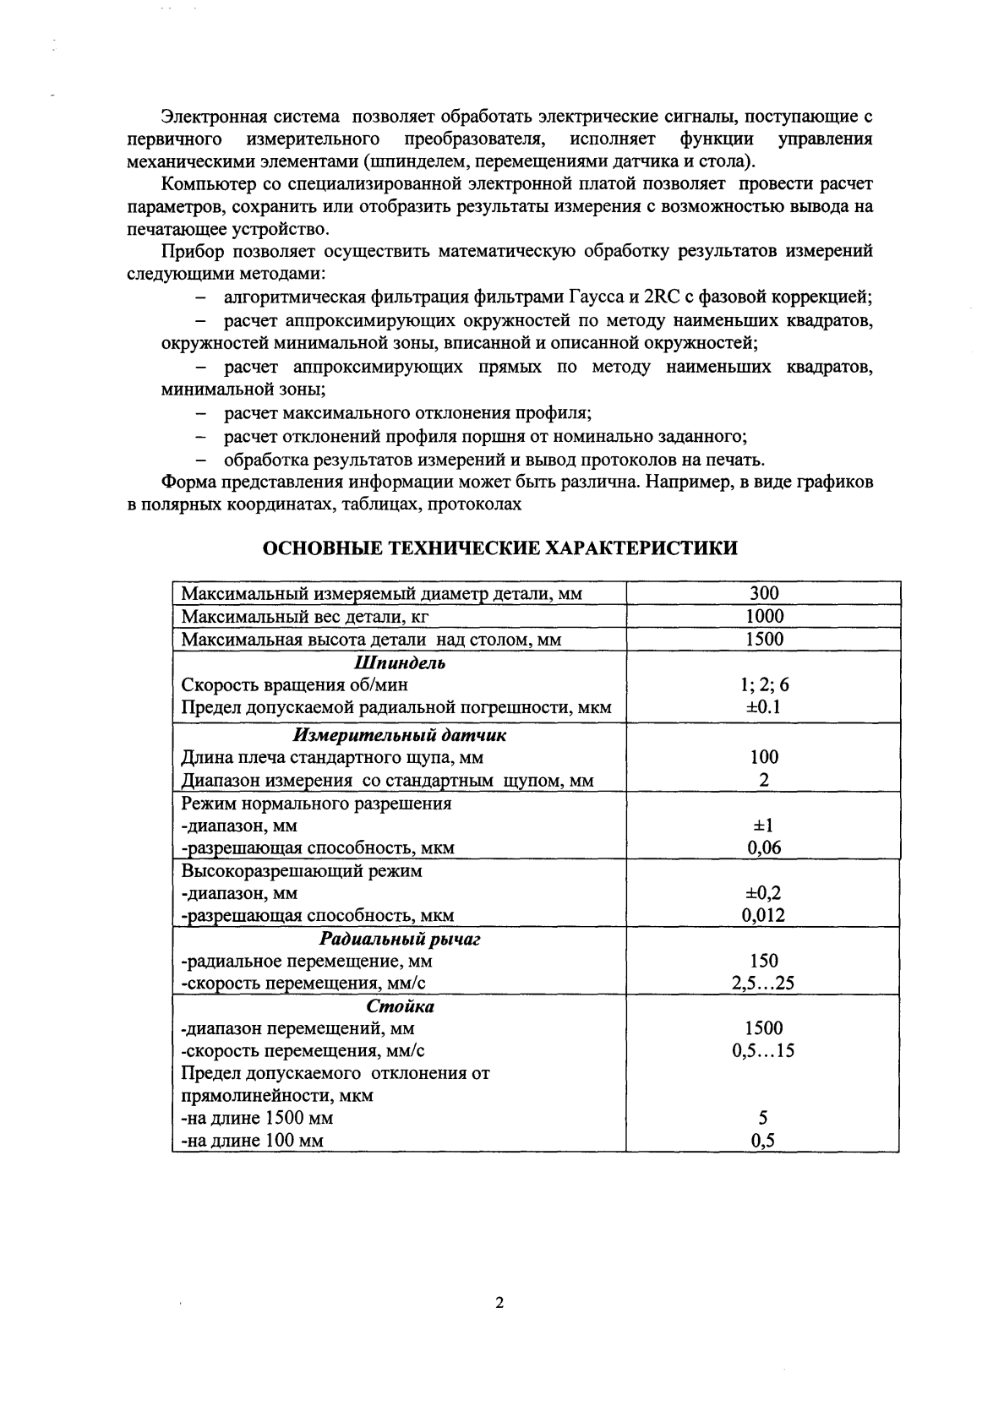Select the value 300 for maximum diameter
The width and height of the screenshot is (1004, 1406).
click(763, 594)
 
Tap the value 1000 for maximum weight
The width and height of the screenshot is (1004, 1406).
click(763, 617)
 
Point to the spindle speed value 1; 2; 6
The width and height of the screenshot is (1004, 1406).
click(763, 685)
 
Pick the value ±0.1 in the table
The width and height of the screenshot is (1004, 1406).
click(763, 707)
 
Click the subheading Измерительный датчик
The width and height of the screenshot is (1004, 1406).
click(399, 735)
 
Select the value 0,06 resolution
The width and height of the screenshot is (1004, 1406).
click(763, 847)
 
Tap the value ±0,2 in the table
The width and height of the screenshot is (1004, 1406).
click(763, 893)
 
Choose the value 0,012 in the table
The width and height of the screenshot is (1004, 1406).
click(763, 915)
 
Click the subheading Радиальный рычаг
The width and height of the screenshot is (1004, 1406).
click(399, 939)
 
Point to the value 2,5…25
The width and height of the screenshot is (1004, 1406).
click(763, 984)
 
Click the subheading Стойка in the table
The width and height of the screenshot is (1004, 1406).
click(400, 1006)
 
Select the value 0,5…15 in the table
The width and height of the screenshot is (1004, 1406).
click(763, 1051)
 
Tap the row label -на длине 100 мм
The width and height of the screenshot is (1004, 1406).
click(253, 1142)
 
